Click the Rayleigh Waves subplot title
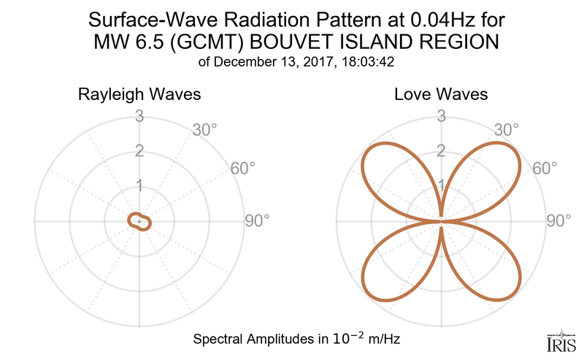(139, 95)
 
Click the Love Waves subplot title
(441, 95)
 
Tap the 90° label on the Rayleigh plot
(256, 221)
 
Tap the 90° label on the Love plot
(559, 221)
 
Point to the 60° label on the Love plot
(545, 168)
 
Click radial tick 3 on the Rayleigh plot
(139, 115)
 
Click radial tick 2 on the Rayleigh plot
(139, 151)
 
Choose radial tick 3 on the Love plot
(441, 115)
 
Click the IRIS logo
(559, 342)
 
